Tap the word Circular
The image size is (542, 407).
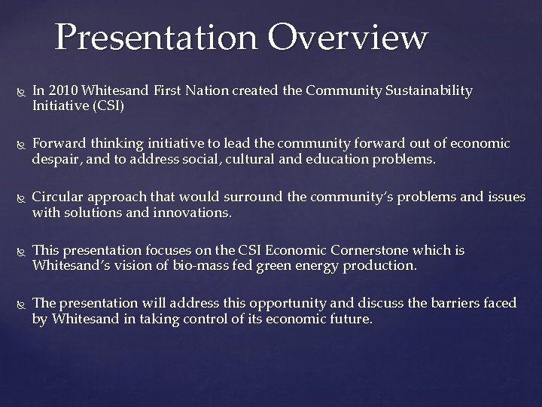tap(58, 197)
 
